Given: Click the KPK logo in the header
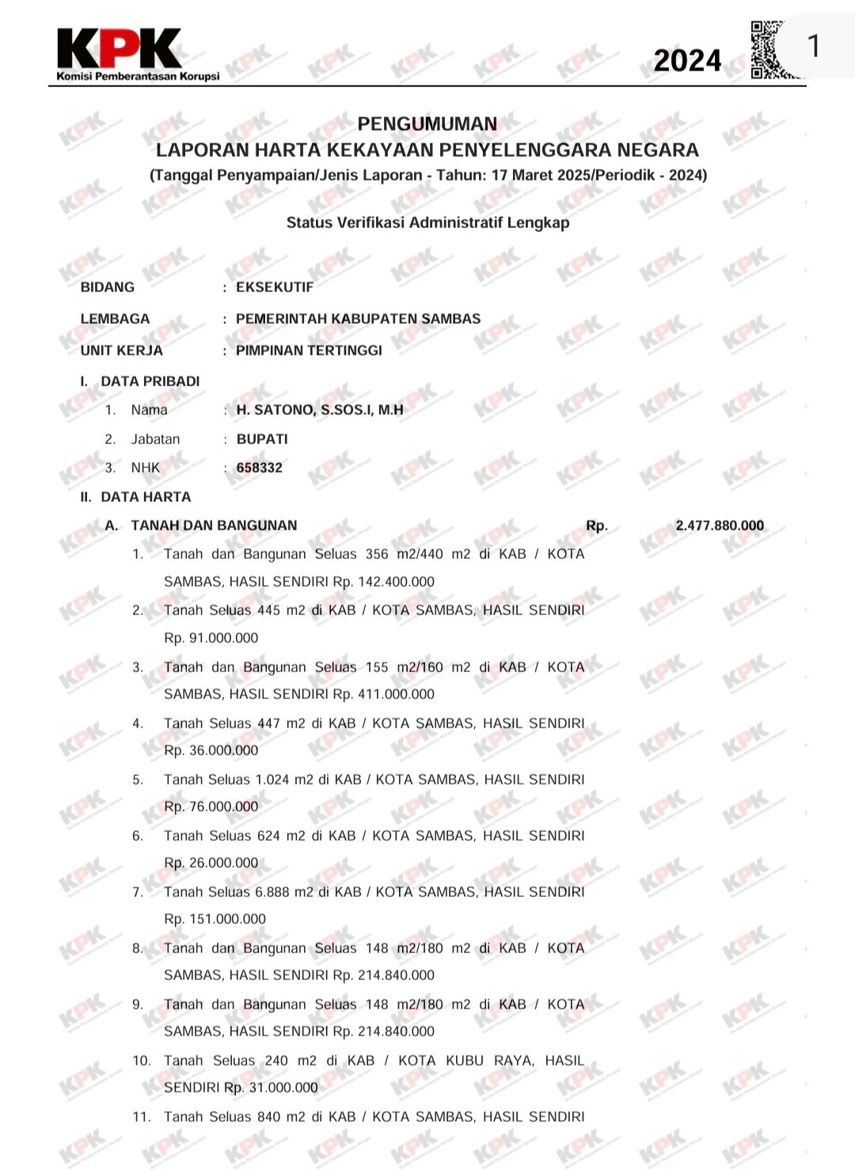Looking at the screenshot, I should coord(119,49).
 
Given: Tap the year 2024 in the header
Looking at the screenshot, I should coord(687,61).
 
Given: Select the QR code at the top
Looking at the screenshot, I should coord(766,49).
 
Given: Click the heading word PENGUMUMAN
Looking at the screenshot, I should coord(427,124).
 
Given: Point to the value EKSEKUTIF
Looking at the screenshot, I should coord(275,287).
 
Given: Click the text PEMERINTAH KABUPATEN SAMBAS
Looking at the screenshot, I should coord(358,319).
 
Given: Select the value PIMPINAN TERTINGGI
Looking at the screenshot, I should coord(309,351).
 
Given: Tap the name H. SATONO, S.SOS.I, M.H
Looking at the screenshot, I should coord(320,410).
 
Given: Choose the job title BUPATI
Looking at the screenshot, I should coord(262,439).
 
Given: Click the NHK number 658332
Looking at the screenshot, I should coord(259,468).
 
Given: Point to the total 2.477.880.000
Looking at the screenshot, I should coord(720,526).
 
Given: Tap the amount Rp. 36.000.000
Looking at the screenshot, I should coord(211,750).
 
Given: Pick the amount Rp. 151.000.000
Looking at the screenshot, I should coord(215,919).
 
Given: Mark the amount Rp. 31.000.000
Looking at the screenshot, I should coord(272,1088).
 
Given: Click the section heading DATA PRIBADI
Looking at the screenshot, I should coord(150,382).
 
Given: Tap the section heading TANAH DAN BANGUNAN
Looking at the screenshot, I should coord(214,526).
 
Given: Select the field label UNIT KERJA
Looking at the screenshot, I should coord(121,351).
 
